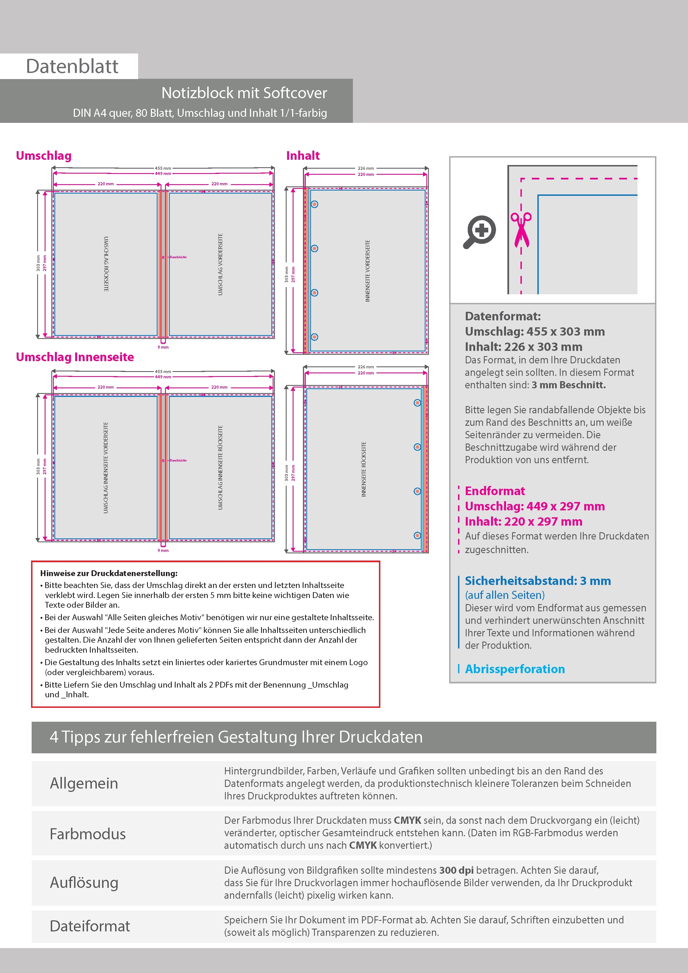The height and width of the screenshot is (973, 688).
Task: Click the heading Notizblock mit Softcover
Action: (244, 93)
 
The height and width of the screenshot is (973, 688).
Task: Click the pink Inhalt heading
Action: (303, 156)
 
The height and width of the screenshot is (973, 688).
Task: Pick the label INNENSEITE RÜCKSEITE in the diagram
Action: (364, 469)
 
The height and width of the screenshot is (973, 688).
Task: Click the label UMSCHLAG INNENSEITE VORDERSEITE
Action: (106, 467)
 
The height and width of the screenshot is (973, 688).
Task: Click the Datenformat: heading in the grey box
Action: (502, 316)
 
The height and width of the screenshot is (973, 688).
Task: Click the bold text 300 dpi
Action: (456, 870)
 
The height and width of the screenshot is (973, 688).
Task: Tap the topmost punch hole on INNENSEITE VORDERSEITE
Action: (315, 204)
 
